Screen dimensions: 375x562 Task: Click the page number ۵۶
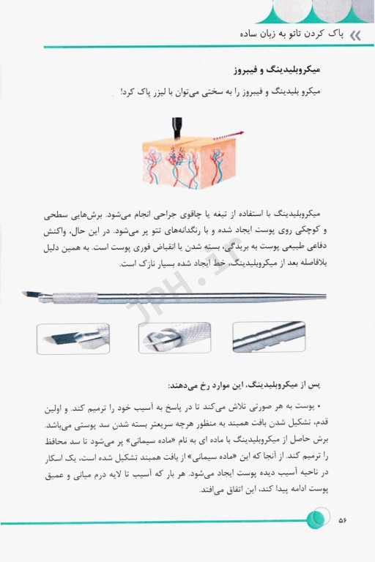[342, 520]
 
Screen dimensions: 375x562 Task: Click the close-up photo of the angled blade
[73, 339]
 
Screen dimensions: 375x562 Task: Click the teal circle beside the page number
[316, 520]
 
